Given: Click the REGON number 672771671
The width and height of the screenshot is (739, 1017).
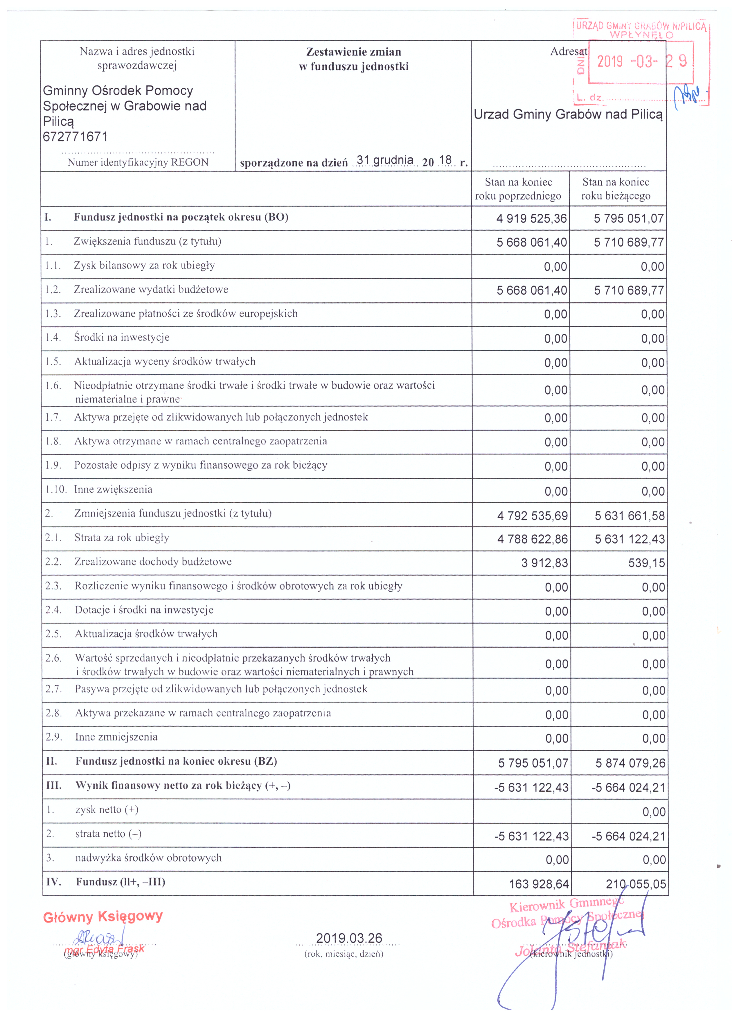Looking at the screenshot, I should click(x=75, y=137).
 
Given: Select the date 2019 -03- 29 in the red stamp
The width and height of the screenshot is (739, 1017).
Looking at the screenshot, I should click(x=641, y=62).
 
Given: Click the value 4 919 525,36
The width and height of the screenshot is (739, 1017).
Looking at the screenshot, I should click(x=531, y=219).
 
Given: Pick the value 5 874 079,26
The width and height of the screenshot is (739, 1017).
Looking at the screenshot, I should click(x=630, y=763).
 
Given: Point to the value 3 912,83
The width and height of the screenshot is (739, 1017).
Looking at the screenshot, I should click(x=544, y=563).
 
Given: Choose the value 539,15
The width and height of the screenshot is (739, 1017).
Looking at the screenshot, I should click(x=646, y=563).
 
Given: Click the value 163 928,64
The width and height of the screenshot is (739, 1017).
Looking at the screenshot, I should click(x=539, y=884).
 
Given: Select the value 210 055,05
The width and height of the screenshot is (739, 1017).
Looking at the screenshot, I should click(x=635, y=884).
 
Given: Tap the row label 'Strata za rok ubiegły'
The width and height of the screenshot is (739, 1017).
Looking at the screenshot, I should click(x=122, y=538).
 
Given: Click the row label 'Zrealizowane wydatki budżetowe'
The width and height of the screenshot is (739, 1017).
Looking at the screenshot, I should click(x=151, y=290).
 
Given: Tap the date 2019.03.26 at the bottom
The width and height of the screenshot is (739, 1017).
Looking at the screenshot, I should click(x=349, y=939).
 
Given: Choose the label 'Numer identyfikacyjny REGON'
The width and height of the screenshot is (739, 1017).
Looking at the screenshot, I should click(x=138, y=162).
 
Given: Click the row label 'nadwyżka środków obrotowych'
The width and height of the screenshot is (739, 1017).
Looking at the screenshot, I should click(x=148, y=858).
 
